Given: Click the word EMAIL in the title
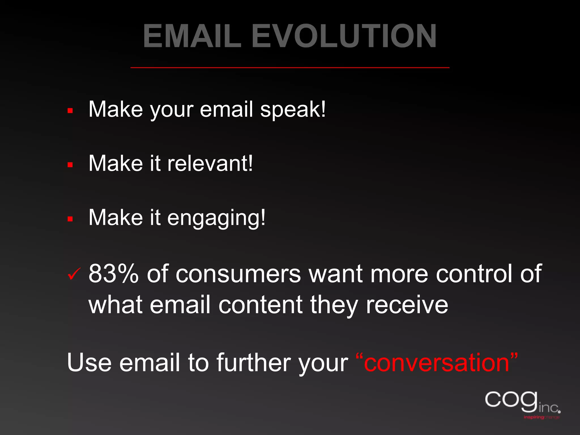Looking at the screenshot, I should coord(192,36).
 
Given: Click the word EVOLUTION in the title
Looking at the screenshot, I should coord(344,36).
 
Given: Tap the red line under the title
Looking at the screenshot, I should coord(290,68).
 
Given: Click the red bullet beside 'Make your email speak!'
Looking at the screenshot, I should coord(70,111).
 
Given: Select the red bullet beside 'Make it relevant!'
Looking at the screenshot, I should coord(70,165).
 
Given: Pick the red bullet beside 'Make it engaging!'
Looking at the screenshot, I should coord(70,219).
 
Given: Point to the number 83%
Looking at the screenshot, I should coord(114,274).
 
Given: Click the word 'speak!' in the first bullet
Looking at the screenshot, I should coord(293,110).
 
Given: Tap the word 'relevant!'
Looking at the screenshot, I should coord(210,164).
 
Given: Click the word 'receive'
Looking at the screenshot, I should coord(407,305).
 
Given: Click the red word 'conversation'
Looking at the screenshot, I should coord(436,363).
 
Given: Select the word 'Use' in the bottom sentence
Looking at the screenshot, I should coord(89,363).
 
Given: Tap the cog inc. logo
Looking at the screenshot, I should coord(521,402).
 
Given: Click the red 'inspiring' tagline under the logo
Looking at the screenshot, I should coord(534,417).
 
